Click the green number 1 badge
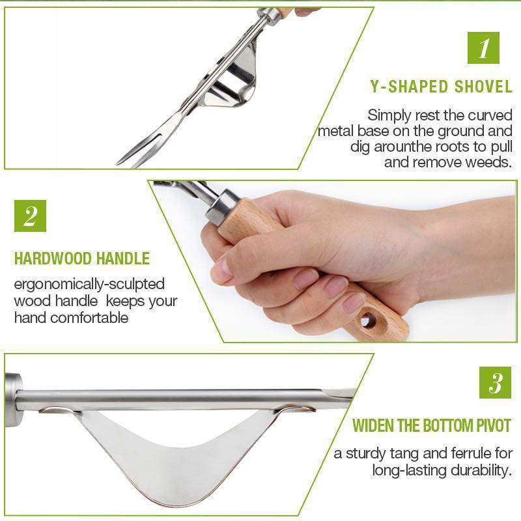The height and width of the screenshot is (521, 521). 484,48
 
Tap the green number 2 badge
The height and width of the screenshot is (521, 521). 31,216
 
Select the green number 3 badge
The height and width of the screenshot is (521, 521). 495,383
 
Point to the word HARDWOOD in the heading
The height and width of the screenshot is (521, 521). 53,259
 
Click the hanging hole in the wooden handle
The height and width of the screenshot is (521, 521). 370,319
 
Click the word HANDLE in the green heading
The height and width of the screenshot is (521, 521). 123,259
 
